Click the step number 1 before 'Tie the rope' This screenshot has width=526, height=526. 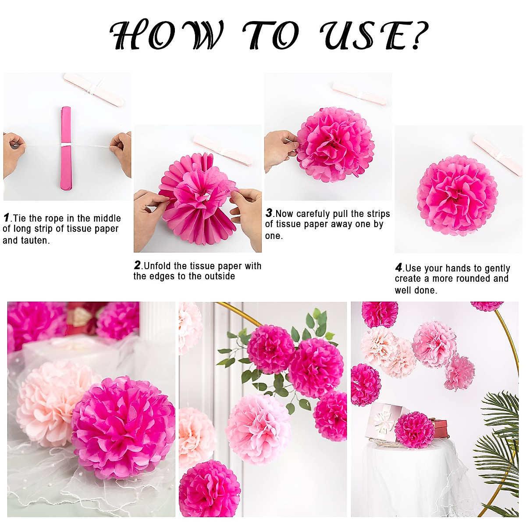(7, 217)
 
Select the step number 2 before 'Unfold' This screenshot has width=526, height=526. (138, 265)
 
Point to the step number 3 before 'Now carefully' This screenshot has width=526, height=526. (269, 213)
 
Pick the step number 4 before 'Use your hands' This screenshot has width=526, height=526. (398, 267)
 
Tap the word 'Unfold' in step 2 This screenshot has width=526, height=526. (159, 266)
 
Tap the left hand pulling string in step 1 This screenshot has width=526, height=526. (13, 151)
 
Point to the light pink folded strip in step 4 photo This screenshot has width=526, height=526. (497, 155)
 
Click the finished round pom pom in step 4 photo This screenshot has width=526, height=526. (457, 195)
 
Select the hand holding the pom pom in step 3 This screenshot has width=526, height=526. (281, 149)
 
